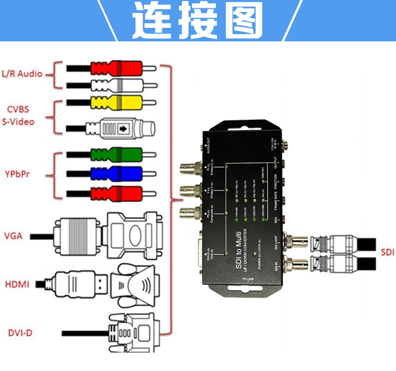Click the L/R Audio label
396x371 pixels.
pos(22,74)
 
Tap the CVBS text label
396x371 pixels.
pos(18,109)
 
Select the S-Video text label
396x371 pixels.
pos(18,121)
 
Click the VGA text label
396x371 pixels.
pos(13,235)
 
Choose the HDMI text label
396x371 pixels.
pos(17,285)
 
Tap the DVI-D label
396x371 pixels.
pos(17,332)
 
